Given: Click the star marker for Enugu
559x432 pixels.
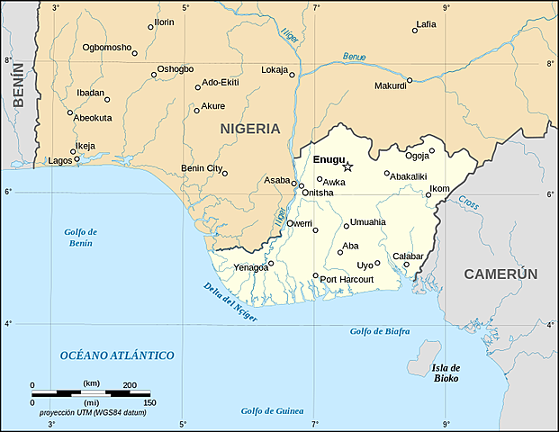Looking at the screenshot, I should (348, 166).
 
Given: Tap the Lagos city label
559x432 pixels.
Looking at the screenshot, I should (59, 161).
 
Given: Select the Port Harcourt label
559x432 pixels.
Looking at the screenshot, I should (347, 279).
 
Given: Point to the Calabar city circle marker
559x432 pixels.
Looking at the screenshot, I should (406, 265).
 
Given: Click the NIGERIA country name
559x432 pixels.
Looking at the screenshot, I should (250, 129).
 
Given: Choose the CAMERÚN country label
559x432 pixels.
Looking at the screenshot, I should (500, 274).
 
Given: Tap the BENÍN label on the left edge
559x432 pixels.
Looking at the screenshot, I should (17, 109).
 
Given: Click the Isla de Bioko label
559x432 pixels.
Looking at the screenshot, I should (446, 373).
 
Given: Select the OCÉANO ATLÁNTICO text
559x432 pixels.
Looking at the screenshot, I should (117, 355).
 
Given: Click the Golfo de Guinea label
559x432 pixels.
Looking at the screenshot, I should (271, 410).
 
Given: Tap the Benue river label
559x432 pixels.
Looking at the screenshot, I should (354, 57).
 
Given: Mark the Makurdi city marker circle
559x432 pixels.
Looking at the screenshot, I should (409, 80).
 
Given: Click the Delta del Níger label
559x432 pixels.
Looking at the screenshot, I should (230, 302).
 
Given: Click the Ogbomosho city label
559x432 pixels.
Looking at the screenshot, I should (106, 47).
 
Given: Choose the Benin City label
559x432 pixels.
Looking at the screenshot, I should (202, 168).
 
